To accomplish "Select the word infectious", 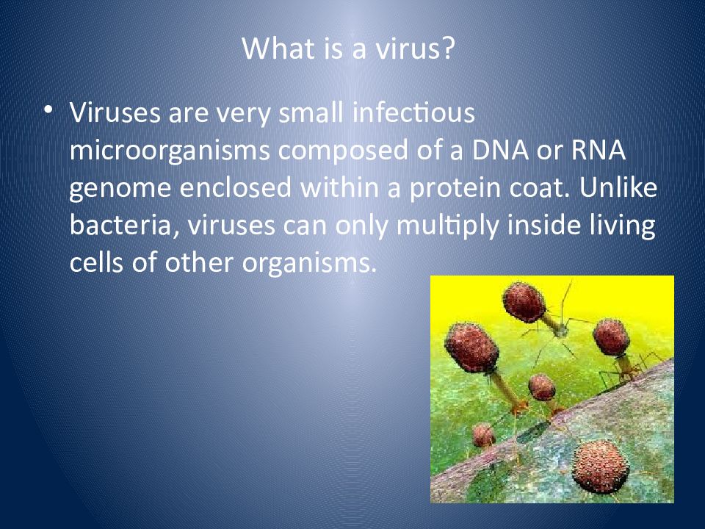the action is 413,112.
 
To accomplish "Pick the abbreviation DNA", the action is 500,150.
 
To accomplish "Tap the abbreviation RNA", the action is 598,150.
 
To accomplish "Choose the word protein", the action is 455,189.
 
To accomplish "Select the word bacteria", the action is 120,225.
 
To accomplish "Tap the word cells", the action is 96,262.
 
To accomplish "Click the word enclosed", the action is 235,187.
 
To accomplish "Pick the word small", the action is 311,112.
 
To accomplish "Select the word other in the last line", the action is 199,262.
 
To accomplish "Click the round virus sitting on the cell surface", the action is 600,467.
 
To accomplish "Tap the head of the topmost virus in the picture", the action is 524,302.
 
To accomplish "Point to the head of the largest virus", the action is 471,347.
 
